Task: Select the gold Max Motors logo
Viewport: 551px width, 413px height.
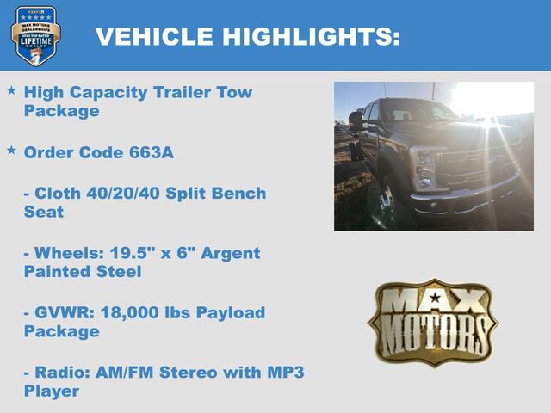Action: pyautogui.click(x=432, y=322)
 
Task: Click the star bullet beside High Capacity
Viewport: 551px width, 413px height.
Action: pyautogui.click(x=11, y=90)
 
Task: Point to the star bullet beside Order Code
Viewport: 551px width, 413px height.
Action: pyautogui.click(x=11, y=151)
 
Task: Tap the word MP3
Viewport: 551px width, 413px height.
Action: pyautogui.click(x=279, y=373)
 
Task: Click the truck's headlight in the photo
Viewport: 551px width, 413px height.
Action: pyautogui.click(x=423, y=166)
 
